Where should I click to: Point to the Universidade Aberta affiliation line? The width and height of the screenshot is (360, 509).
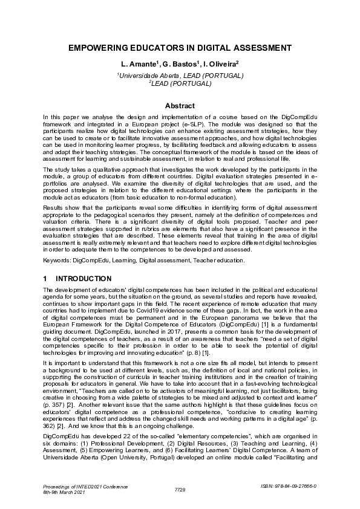click(180, 76)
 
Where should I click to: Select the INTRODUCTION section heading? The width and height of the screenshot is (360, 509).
click(83, 279)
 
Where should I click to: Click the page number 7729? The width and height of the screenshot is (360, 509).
click(180, 488)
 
